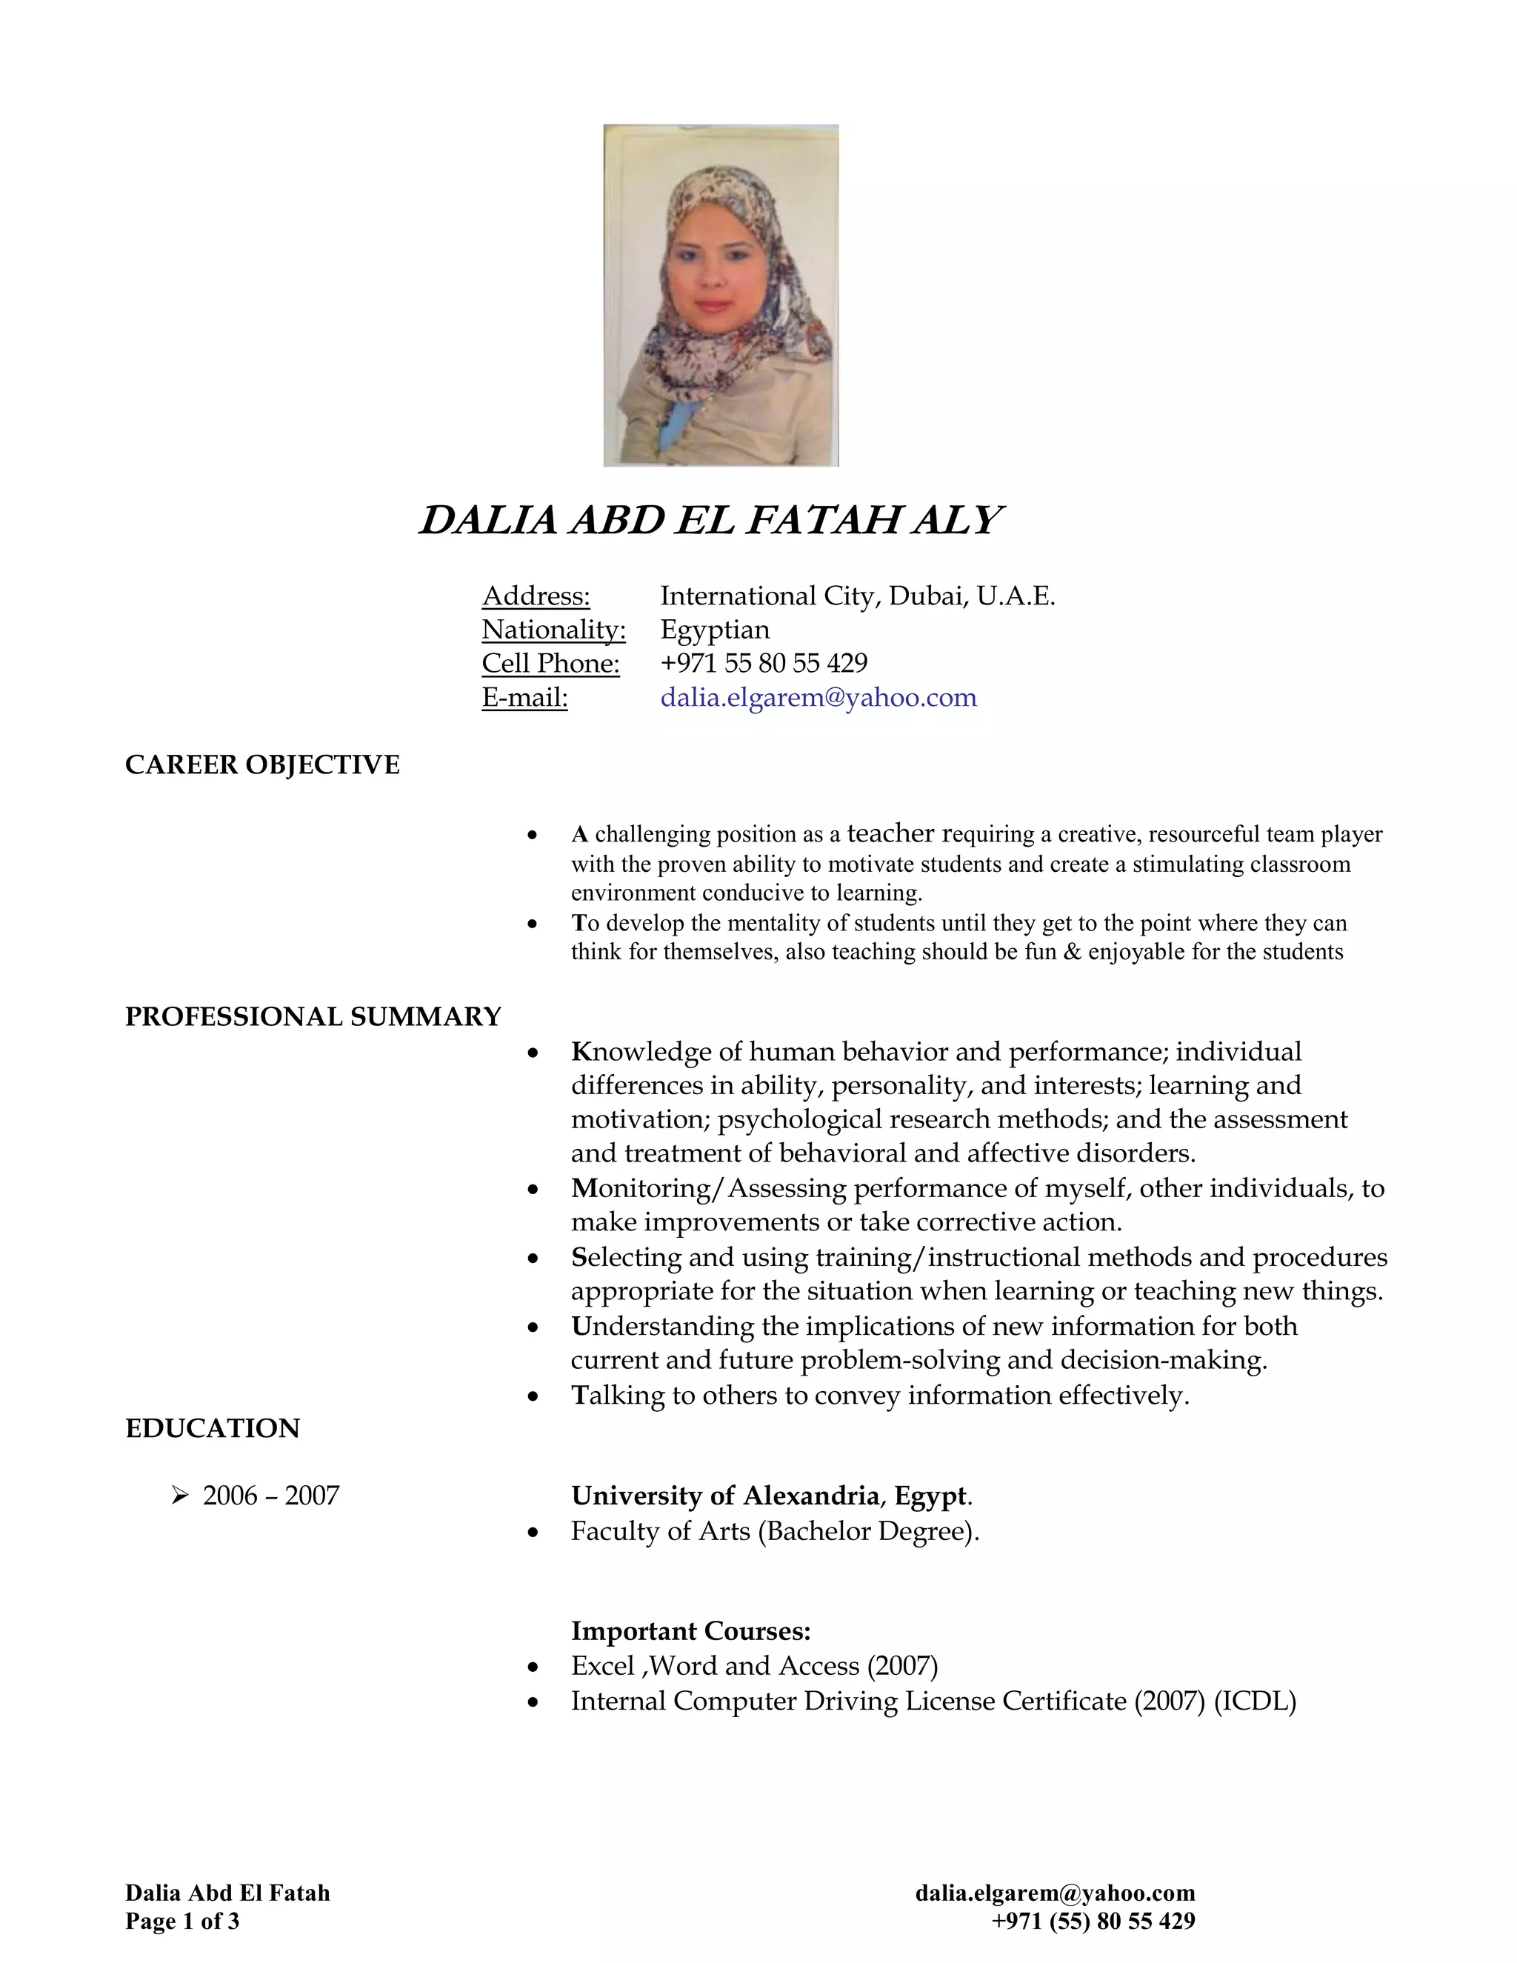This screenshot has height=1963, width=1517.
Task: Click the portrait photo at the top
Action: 721,295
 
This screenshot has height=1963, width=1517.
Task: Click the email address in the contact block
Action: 818,698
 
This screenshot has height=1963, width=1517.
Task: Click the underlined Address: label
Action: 536,596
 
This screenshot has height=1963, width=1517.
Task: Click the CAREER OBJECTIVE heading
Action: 261,765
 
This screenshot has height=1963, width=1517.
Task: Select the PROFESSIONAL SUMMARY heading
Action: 313,1016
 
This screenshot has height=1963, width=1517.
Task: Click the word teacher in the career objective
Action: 890,833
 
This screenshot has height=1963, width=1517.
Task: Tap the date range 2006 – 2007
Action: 270,1496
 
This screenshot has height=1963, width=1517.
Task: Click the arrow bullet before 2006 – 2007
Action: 180,1496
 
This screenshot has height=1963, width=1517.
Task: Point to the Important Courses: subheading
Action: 690,1630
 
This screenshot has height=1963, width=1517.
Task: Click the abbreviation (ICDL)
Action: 1255,1702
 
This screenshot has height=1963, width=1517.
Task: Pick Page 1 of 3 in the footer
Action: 182,1922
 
